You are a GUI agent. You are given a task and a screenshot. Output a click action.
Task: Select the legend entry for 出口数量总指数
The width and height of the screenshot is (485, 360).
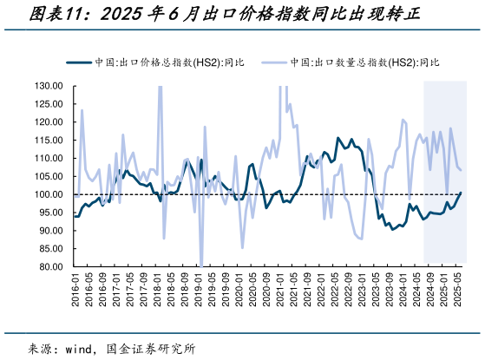[x=364, y=62]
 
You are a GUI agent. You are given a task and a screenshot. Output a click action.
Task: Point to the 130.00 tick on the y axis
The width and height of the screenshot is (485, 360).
[x=49, y=86]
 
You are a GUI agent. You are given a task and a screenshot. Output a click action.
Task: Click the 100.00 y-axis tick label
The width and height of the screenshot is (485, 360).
[x=49, y=194]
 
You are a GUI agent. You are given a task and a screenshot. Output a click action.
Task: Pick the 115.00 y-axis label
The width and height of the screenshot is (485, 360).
[x=49, y=140]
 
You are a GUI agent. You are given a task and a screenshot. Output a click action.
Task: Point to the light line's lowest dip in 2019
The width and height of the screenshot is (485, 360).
[x=200, y=265]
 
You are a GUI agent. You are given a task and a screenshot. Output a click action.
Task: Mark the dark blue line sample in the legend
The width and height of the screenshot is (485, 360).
[x=78, y=62]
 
